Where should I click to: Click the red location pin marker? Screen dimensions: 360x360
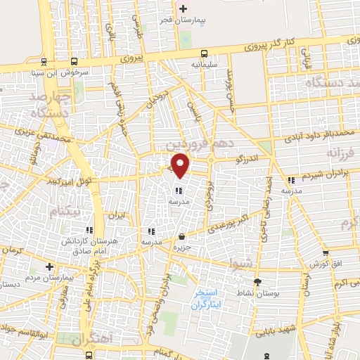point(181,165)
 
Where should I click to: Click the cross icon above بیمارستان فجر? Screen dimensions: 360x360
point(184,9)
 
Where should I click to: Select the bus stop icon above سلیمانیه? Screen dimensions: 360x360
point(204,53)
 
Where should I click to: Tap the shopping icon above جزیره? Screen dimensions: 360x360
point(182,236)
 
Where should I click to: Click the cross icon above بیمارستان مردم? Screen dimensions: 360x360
point(49,267)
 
